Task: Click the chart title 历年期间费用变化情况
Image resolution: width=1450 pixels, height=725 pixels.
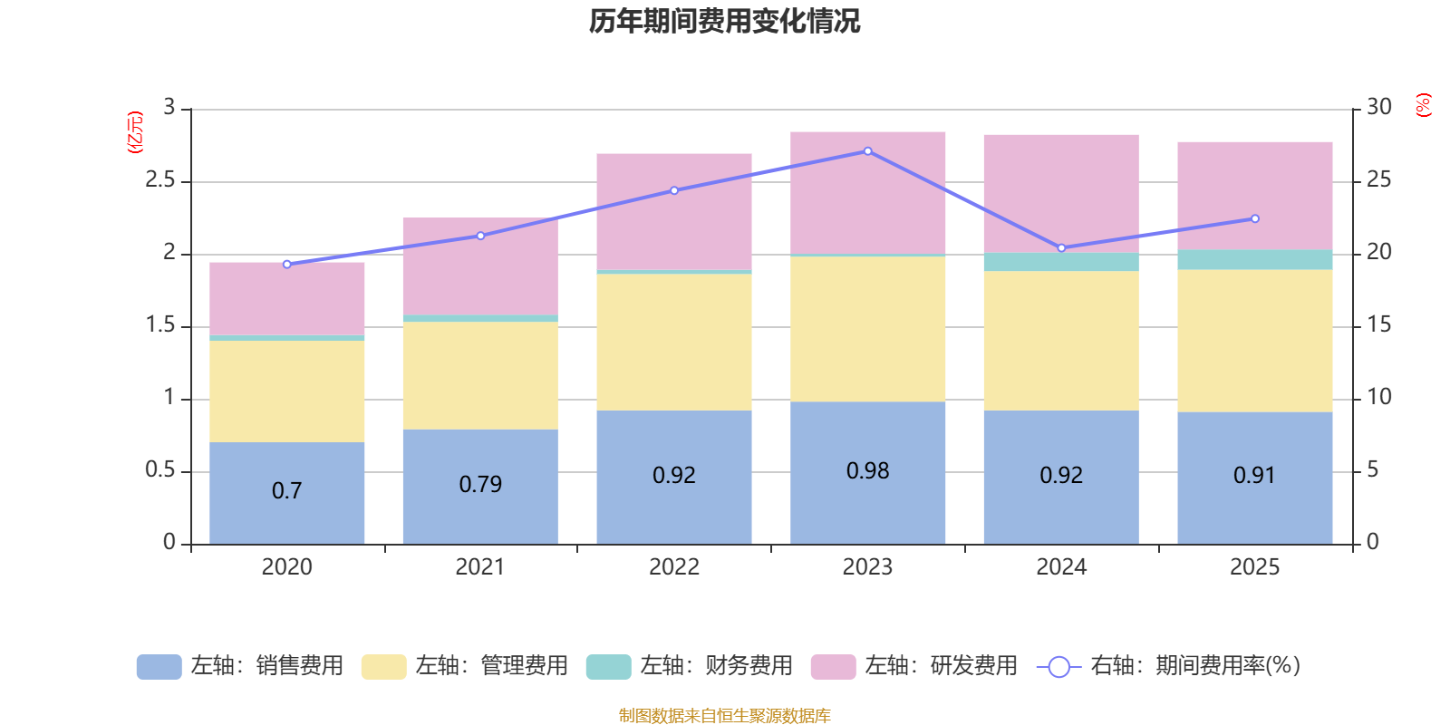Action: pos(724,21)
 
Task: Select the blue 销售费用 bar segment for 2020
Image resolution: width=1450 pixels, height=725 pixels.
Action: pos(286,507)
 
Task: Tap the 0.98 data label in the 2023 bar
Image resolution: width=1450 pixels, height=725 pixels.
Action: pos(867,471)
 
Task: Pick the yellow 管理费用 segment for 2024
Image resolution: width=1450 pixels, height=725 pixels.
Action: pos(1060,340)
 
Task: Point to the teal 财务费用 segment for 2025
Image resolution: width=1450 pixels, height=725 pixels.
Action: pos(1254,260)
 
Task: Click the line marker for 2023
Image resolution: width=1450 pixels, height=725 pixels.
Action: pos(867,151)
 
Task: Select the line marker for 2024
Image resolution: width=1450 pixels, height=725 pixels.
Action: pos(1061,248)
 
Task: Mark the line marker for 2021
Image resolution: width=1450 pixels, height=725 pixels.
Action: pos(480,236)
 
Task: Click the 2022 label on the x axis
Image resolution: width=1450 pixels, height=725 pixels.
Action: pos(673,567)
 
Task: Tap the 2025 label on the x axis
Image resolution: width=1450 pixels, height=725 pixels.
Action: pos(1254,567)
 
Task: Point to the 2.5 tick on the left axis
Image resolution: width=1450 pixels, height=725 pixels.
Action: pos(160,180)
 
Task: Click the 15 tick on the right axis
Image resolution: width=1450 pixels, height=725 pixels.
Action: pos(1378,324)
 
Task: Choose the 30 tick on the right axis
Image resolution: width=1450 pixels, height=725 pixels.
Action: pos(1378,107)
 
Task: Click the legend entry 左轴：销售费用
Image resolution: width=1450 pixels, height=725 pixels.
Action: pos(240,666)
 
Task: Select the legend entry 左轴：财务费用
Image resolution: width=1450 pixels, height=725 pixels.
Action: pos(690,666)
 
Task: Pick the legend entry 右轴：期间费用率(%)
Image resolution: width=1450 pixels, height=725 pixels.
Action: pos(1169,666)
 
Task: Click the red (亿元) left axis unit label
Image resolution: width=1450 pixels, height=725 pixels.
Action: pos(135,132)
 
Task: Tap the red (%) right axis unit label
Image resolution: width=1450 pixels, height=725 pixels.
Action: pos(1424,105)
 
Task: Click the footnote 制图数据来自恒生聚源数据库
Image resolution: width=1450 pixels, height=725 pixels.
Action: pos(724,716)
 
